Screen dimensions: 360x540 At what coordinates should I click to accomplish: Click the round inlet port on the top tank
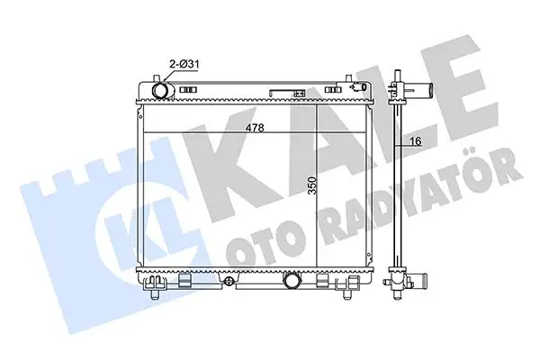tap(160, 91)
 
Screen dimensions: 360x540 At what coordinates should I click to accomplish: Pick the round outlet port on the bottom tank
tap(294, 282)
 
